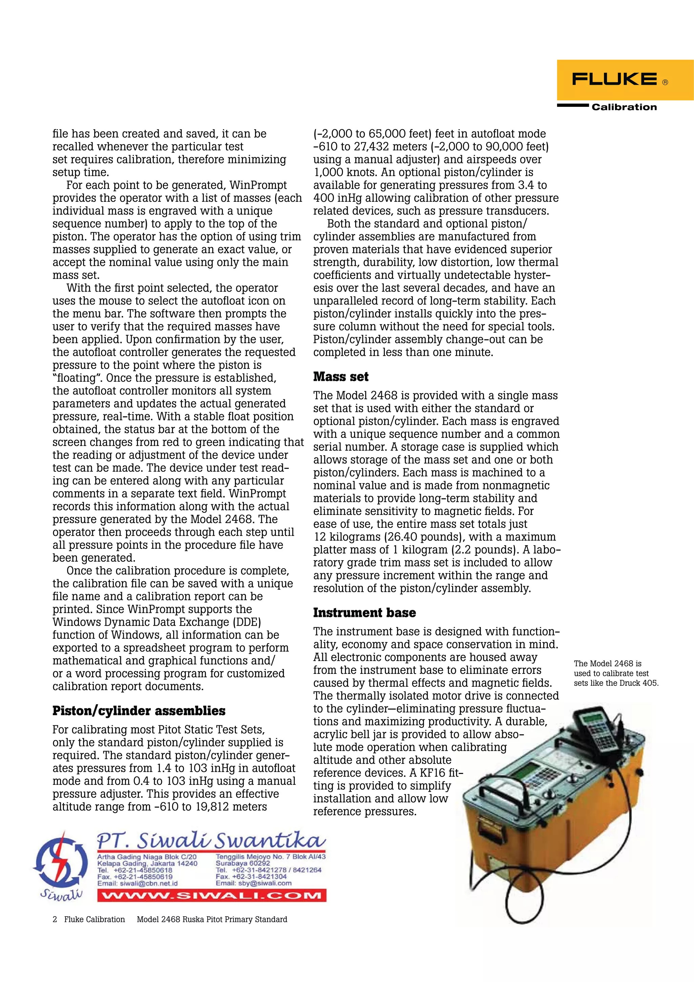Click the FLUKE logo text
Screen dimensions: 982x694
click(614, 79)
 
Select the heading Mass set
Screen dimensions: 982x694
click(341, 377)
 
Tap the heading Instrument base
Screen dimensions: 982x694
click(364, 613)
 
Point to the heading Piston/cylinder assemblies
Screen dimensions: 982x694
click(139, 711)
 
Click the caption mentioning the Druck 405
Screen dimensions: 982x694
click(616, 673)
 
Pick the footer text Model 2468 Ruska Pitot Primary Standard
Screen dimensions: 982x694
click(212, 920)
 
